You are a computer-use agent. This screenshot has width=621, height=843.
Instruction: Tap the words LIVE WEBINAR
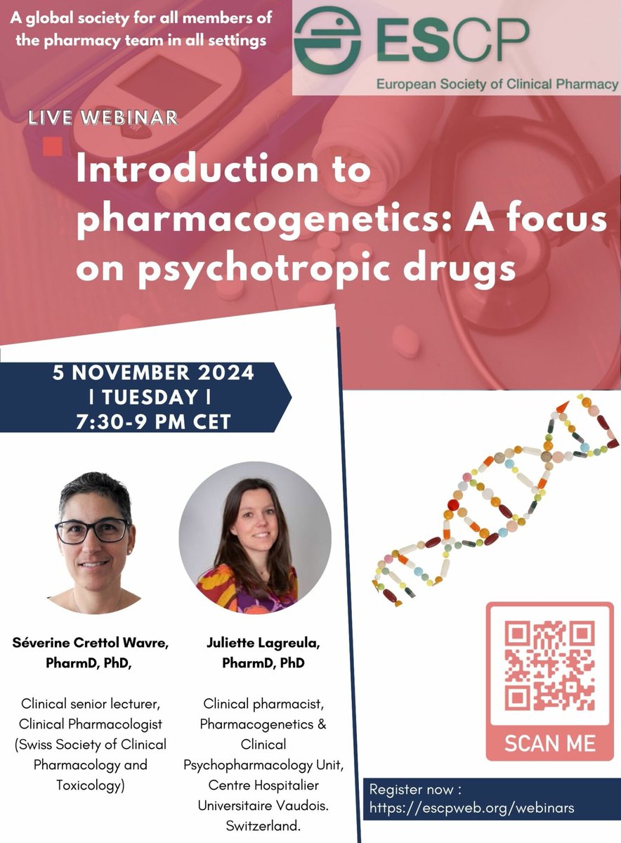[103, 117]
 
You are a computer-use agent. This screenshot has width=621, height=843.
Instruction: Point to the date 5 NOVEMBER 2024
[153, 372]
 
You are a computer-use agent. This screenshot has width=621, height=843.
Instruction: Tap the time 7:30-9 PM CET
[152, 422]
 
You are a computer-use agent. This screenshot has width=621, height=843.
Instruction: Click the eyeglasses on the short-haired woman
[92, 530]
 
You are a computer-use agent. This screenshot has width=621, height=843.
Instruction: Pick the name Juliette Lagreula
[254, 642]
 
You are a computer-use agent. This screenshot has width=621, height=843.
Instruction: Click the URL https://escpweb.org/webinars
[471, 808]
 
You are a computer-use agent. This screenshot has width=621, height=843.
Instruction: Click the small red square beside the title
[52, 146]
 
